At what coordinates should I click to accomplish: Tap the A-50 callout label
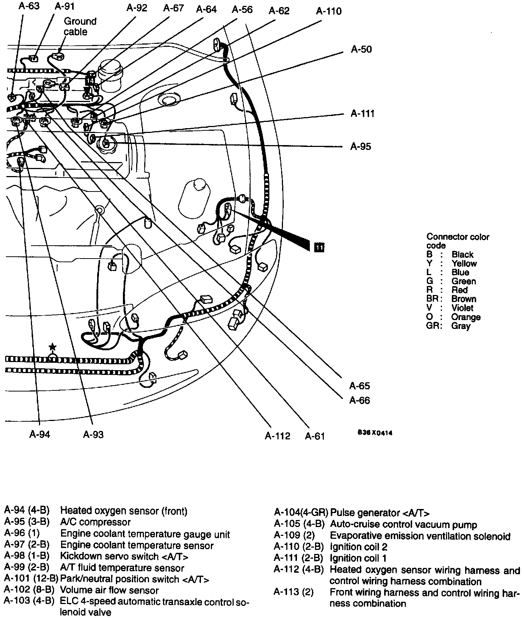(361, 49)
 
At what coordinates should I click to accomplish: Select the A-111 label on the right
(362, 113)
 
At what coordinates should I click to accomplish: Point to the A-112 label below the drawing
(277, 436)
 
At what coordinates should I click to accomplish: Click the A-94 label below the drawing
(40, 435)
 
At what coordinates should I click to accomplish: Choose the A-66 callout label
(360, 400)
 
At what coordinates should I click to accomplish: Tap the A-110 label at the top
(329, 11)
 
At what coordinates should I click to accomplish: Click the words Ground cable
(79, 27)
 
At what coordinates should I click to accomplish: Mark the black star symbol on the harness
(53, 347)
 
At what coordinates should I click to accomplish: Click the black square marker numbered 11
(319, 247)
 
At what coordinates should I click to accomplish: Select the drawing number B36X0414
(375, 433)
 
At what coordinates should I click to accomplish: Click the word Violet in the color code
(462, 308)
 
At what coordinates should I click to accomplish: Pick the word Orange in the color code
(465, 317)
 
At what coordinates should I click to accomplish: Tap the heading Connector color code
(457, 241)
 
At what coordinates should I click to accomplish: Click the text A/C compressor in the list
(95, 522)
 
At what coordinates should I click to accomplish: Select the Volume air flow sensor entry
(109, 590)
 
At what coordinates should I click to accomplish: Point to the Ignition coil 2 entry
(358, 547)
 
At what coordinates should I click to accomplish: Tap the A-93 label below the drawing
(93, 435)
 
